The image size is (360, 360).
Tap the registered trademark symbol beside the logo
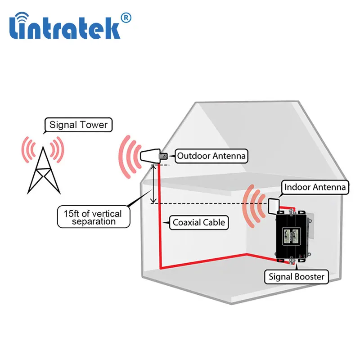point(126,18)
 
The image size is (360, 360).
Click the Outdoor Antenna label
point(211,156)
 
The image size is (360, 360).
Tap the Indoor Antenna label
point(315,187)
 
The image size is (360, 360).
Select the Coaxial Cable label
point(198,222)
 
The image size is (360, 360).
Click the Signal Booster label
point(296,276)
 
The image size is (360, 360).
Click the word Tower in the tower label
point(94,125)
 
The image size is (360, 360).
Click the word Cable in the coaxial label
point(213,222)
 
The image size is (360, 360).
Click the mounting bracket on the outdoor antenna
point(165,157)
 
